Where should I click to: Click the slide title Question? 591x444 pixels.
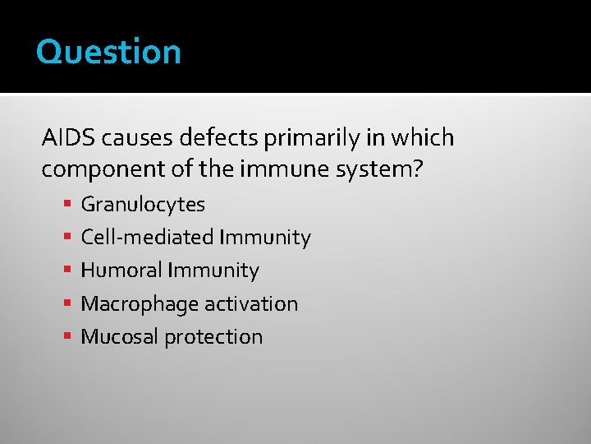(108, 53)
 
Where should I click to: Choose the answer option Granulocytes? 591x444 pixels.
(142, 205)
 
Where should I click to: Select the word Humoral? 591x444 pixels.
(121, 271)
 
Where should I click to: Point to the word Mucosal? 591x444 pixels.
(117, 336)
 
